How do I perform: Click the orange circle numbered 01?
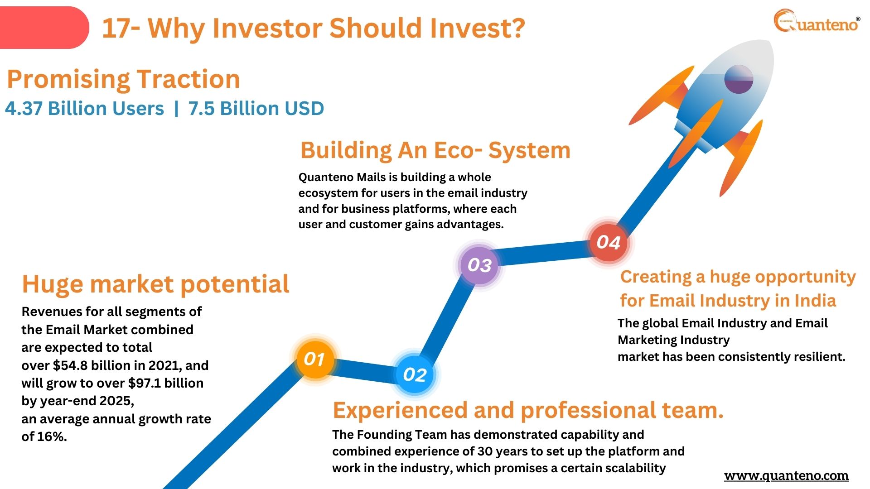[x=315, y=359]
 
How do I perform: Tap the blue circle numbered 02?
[x=415, y=374]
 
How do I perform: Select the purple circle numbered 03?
[x=479, y=265]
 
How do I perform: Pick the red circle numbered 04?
[x=609, y=242]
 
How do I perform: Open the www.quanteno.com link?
[x=786, y=476]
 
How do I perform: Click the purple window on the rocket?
[x=739, y=79]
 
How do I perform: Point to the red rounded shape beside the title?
[x=44, y=28]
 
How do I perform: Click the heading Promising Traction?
[x=123, y=79]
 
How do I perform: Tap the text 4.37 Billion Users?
[x=84, y=109]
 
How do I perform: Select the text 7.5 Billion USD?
[x=256, y=109]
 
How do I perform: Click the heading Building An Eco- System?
[x=435, y=150]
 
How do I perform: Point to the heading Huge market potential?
[x=155, y=284]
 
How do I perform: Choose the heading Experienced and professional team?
[x=528, y=410]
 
